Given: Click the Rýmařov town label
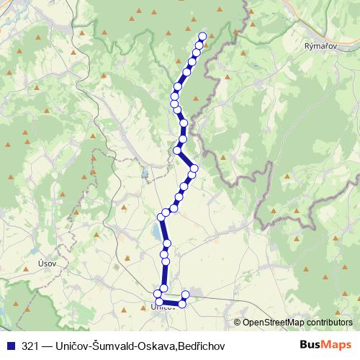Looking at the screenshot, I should tap(318, 44).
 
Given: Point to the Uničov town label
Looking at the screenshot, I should tap(163, 307).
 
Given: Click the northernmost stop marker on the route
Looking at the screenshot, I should tap(202, 37).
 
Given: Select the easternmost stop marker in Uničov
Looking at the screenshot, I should tap(185, 294).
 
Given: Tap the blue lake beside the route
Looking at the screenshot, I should tap(156, 232).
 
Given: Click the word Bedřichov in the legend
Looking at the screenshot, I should tap(202, 346).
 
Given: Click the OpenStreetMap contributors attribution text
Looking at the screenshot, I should tap(297, 322).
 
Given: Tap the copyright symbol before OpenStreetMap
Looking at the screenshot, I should tap(238, 322).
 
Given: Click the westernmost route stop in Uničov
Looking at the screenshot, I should tap(158, 293).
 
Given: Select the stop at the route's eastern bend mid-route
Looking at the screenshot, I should tap(194, 168).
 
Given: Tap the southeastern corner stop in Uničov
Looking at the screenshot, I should tap(181, 304).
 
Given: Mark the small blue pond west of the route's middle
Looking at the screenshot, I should tap(144, 174).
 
